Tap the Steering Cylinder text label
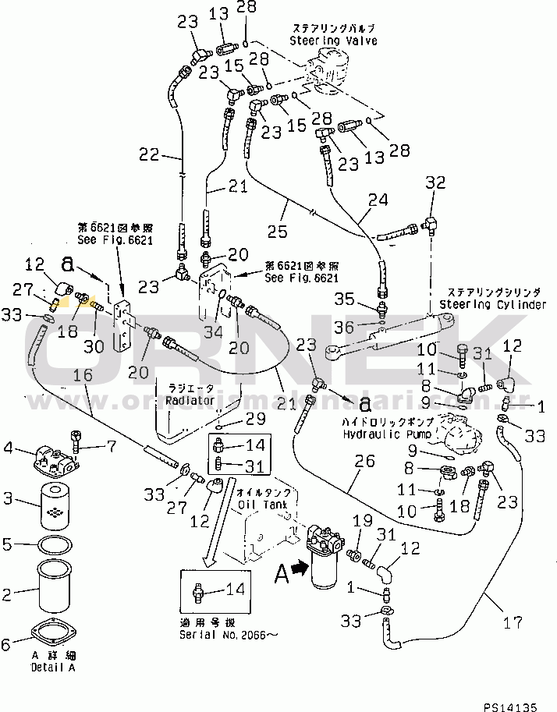[492, 304]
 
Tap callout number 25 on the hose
[276, 231]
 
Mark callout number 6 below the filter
[8, 644]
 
